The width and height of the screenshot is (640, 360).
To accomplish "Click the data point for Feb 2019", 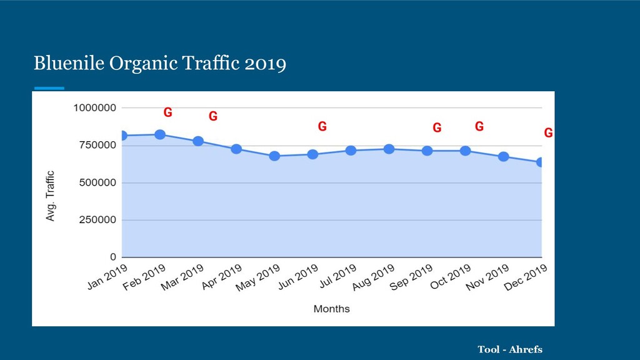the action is click(160, 135).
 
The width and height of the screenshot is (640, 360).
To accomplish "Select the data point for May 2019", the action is click(275, 156).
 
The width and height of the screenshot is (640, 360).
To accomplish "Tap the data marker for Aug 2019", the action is click(389, 149).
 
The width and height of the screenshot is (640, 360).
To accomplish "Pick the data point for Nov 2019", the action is click(504, 157).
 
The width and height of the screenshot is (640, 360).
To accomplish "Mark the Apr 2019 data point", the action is click(236, 149).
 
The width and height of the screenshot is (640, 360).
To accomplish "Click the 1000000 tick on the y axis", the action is click(95, 107).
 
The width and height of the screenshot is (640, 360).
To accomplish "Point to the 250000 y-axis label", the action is click(97, 219).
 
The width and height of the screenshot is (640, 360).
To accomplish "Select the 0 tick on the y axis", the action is click(113, 257).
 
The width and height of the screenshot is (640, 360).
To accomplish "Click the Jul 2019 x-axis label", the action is click(338, 276).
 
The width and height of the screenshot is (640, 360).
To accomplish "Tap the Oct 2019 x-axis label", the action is click(451, 276).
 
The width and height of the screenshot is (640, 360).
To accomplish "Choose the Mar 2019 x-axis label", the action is click(182, 277).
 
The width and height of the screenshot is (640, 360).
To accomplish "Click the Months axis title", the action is click(331, 309).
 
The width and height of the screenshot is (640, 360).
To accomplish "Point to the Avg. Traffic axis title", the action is click(50, 196).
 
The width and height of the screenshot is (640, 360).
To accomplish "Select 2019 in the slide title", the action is click(265, 64).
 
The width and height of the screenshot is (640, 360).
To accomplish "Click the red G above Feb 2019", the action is click(167, 112).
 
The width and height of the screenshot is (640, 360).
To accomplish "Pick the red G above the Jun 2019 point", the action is click(322, 126).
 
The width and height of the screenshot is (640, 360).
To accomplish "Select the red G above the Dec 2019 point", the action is click(549, 132).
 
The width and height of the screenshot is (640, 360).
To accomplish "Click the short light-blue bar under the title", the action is click(49, 87).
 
